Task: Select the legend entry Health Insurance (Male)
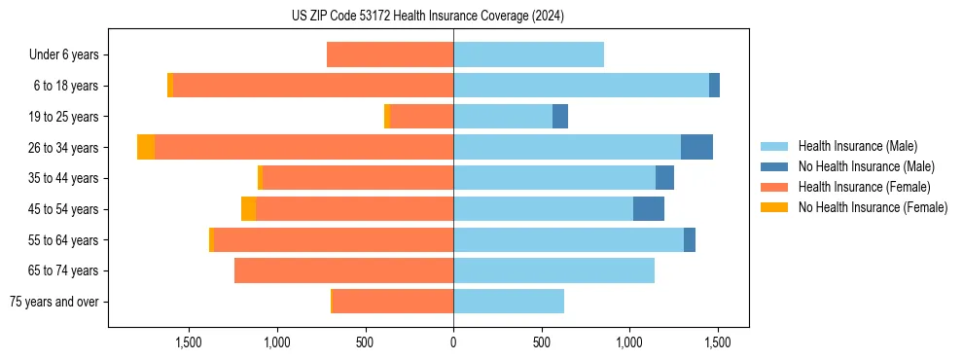(857, 146)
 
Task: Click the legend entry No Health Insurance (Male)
(866, 166)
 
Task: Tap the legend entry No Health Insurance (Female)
(873, 207)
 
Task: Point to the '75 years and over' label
(54, 302)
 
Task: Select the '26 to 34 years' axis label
(64, 148)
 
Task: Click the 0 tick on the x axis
(453, 342)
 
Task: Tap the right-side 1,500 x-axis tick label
(718, 342)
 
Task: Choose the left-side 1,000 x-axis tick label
(277, 342)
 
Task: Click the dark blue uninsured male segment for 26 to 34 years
(696, 147)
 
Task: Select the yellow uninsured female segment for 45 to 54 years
(248, 209)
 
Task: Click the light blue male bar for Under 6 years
(528, 55)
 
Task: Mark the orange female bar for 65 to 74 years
(343, 270)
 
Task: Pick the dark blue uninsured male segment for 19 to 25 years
(560, 117)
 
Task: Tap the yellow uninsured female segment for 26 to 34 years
(146, 147)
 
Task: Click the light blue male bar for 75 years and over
(509, 302)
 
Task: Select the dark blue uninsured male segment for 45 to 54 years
(649, 209)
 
